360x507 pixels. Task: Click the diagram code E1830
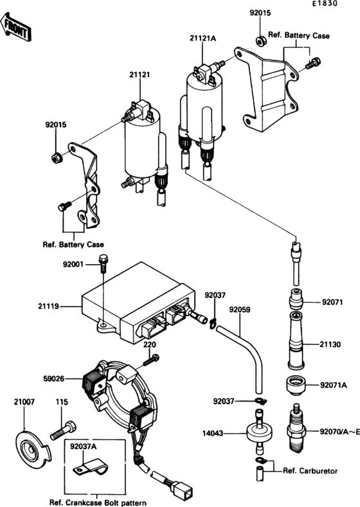(x=325, y=4)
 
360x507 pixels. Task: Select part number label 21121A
(x=203, y=39)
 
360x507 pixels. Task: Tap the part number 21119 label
(x=48, y=306)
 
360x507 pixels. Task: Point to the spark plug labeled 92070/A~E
(x=296, y=429)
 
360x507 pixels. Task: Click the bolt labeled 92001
(x=104, y=263)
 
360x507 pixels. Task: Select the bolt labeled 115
(x=64, y=431)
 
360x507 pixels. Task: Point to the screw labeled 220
(x=151, y=360)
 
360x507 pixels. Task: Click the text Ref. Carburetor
(x=310, y=471)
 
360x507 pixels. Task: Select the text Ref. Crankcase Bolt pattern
(x=98, y=503)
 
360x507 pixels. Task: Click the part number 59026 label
(x=54, y=378)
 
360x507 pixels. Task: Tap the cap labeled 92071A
(x=296, y=386)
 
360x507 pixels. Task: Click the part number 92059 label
(x=240, y=310)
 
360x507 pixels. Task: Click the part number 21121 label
(x=139, y=75)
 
